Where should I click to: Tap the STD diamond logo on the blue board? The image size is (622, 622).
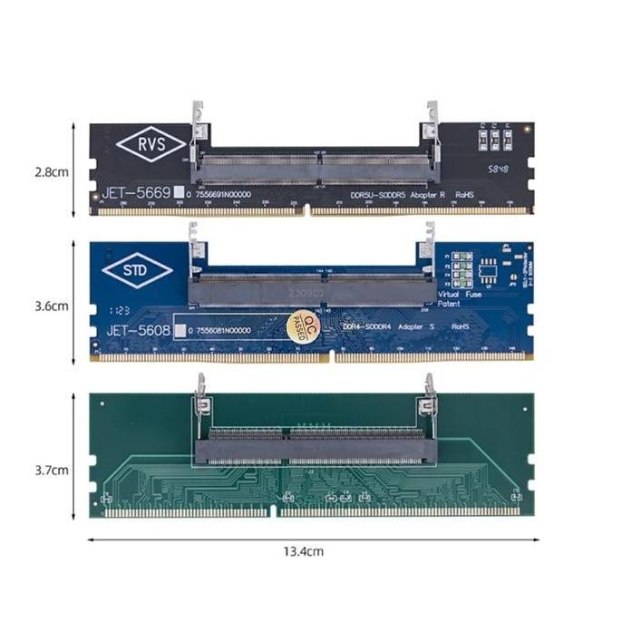(x=137, y=271)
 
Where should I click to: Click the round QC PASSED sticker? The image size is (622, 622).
(x=302, y=327)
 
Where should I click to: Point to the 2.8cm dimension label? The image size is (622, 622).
(x=53, y=170)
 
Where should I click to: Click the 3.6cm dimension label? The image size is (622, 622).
(x=53, y=306)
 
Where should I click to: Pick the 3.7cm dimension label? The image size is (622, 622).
(x=53, y=470)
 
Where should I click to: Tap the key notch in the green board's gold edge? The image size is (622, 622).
(x=274, y=512)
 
